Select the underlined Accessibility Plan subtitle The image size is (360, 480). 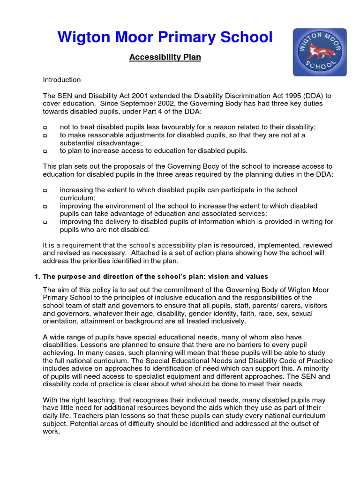[x=165, y=57]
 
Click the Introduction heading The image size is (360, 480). [x=62, y=80]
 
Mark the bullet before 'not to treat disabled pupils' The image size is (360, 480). [x=45, y=127]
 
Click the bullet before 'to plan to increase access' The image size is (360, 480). [x=45, y=151]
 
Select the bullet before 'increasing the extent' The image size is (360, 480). [x=45, y=191]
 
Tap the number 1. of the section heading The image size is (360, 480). [x=37, y=276]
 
